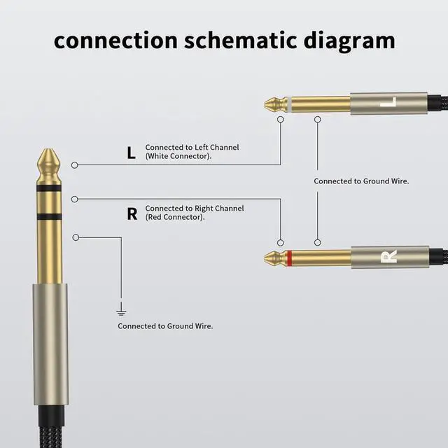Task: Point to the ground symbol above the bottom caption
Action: click(x=121, y=309)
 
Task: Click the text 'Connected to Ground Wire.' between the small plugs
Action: click(x=361, y=181)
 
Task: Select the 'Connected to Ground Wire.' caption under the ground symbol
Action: click(x=165, y=326)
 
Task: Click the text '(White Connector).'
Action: click(x=178, y=157)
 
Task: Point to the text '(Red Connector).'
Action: click(x=175, y=218)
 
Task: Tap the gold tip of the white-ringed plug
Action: click(x=272, y=104)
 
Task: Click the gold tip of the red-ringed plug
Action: click(x=272, y=258)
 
